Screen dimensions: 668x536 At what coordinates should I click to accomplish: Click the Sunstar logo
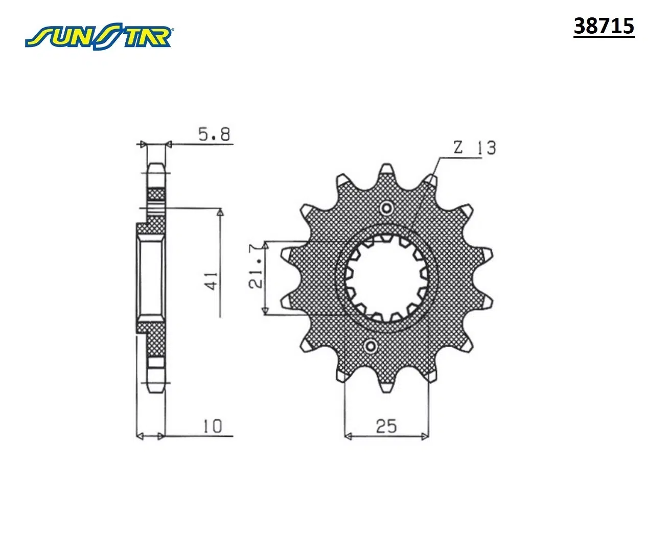tap(99, 36)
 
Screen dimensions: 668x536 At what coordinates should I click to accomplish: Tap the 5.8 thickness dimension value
tap(214, 134)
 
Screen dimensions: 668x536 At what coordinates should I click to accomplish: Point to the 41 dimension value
tap(213, 281)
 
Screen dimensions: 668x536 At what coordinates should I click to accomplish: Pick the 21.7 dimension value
tap(257, 266)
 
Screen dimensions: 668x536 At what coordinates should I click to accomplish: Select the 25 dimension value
tap(386, 426)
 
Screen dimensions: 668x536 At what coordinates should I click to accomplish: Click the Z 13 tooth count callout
tap(475, 148)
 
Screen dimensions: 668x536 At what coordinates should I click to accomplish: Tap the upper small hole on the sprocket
tap(386, 208)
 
